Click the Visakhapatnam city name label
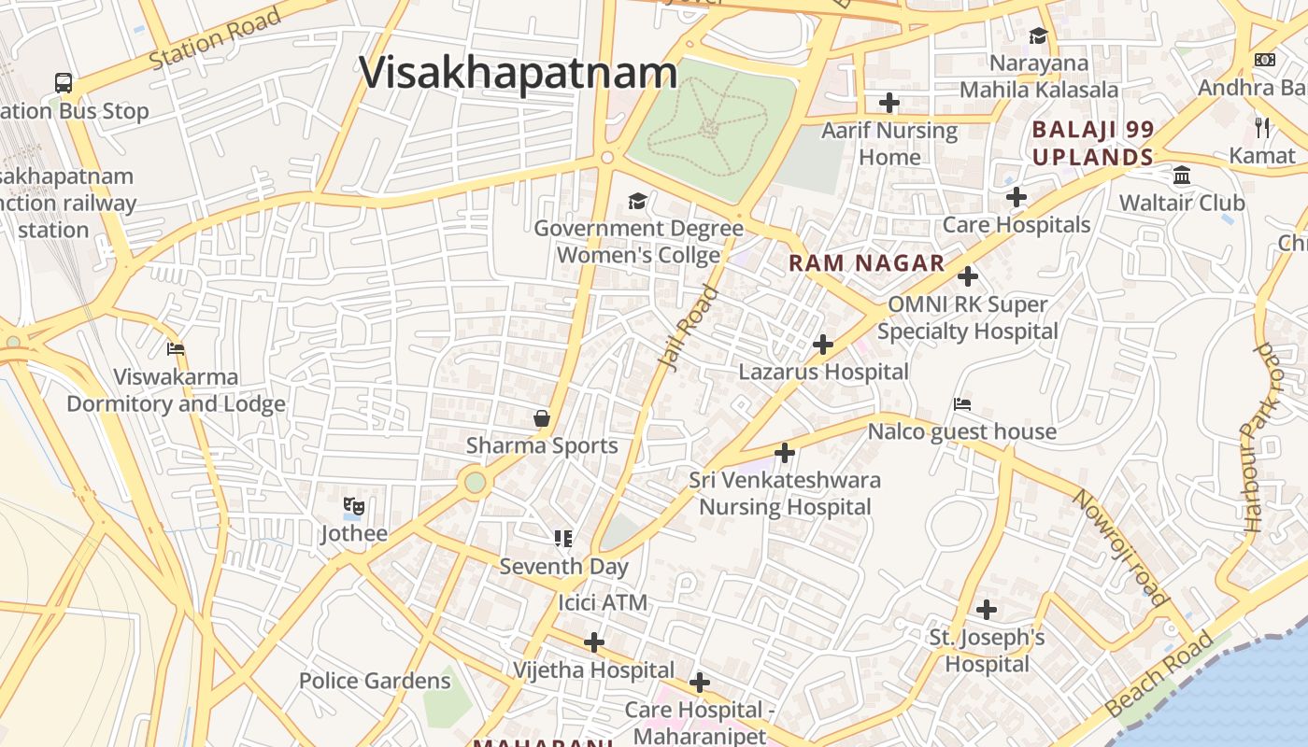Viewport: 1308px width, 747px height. pos(519,73)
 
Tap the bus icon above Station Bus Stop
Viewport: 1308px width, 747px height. pos(64,83)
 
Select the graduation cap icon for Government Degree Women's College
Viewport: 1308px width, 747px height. pos(638,201)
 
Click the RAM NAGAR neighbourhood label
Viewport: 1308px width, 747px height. pos(866,263)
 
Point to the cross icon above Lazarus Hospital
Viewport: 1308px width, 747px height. pos(823,345)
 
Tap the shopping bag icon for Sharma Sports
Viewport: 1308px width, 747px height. pos(541,418)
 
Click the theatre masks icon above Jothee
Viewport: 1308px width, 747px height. pos(353,507)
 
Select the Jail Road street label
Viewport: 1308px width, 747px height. pos(690,329)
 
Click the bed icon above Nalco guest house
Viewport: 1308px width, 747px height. pos(962,404)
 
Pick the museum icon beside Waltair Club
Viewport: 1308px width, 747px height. pos(1182,176)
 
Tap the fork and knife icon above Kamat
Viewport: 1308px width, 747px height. pos(1262,127)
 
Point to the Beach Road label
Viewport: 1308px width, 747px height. pos(1160,674)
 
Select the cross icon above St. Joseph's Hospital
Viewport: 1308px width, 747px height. pos(987,610)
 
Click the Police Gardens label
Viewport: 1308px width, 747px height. pos(375,681)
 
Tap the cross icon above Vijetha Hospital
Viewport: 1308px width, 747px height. pos(594,642)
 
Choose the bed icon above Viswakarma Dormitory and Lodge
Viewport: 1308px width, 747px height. pos(176,349)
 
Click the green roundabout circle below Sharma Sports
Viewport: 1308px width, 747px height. pos(476,483)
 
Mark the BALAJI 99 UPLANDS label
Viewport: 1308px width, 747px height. pos(1093,143)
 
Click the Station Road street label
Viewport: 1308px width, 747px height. pos(215,39)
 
